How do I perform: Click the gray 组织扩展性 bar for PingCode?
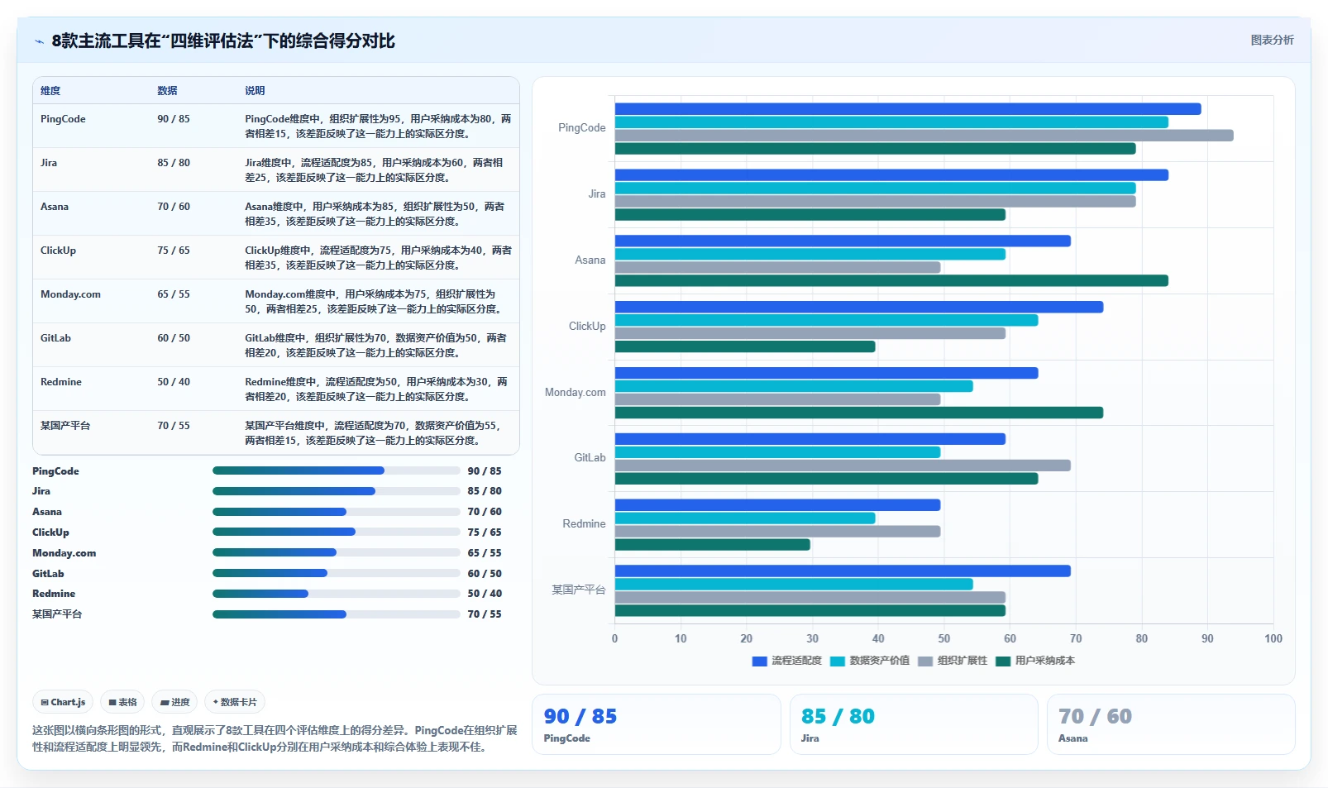[x=924, y=136]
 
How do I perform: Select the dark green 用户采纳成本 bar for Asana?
[x=891, y=280]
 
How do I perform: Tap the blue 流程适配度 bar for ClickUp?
[x=858, y=307]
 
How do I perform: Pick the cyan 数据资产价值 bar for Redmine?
[x=745, y=518]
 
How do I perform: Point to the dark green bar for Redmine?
[x=712, y=544]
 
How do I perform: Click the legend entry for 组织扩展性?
[x=953, y=661]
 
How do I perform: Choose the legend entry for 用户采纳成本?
[x=1035, y=661]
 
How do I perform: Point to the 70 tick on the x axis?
[x=1076, y=638]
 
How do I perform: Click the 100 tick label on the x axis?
[x=1273, y=638]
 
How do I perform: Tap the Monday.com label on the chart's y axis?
[x=575, y=392]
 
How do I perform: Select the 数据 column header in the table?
[x=167, y=91]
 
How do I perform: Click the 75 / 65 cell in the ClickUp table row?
[x=174, y=251]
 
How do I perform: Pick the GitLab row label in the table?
[x=55, y=338]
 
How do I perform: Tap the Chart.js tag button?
[x=63, y=702]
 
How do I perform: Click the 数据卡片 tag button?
[x=235, y=702]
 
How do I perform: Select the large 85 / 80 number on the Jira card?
[x=838, y=716]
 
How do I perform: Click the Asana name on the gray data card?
[x=1073, y=738]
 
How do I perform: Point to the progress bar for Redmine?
[x=337, y=594]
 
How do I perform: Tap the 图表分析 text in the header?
[x=1273, y=41]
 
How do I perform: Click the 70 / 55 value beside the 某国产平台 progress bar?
[x=485, y=614]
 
